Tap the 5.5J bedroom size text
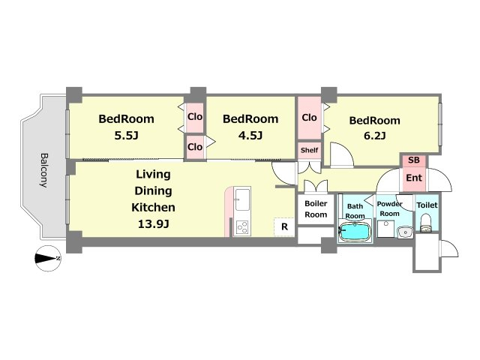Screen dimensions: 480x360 tap(127, 135)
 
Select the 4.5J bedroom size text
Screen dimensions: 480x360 tap(250, 135)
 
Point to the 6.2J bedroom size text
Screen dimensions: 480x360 tap(375, 135)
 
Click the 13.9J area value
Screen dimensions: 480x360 tap(153, 224)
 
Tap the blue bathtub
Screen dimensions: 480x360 tap(355, 232)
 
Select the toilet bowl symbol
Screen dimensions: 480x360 tap(425, 223)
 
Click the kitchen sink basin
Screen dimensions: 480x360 tap(242, 199)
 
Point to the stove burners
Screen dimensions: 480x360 tap(242, 227)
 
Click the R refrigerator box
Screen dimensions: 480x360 tap(284, 226)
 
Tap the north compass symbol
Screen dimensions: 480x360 tap(48, 259)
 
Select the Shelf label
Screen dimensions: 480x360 tap(309, 150)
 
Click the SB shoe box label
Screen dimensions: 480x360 tap(414, 160)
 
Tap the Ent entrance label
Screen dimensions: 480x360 tap(414, 178)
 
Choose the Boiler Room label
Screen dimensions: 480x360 tap(316, 209)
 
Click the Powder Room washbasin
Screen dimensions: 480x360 tap(405, 232)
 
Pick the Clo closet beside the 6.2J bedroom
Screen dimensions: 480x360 tap(309, 118)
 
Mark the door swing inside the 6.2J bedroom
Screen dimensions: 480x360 tap(341, 155)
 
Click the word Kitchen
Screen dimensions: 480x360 tap(153, 208)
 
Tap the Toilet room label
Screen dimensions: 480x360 tap(427, 205)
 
